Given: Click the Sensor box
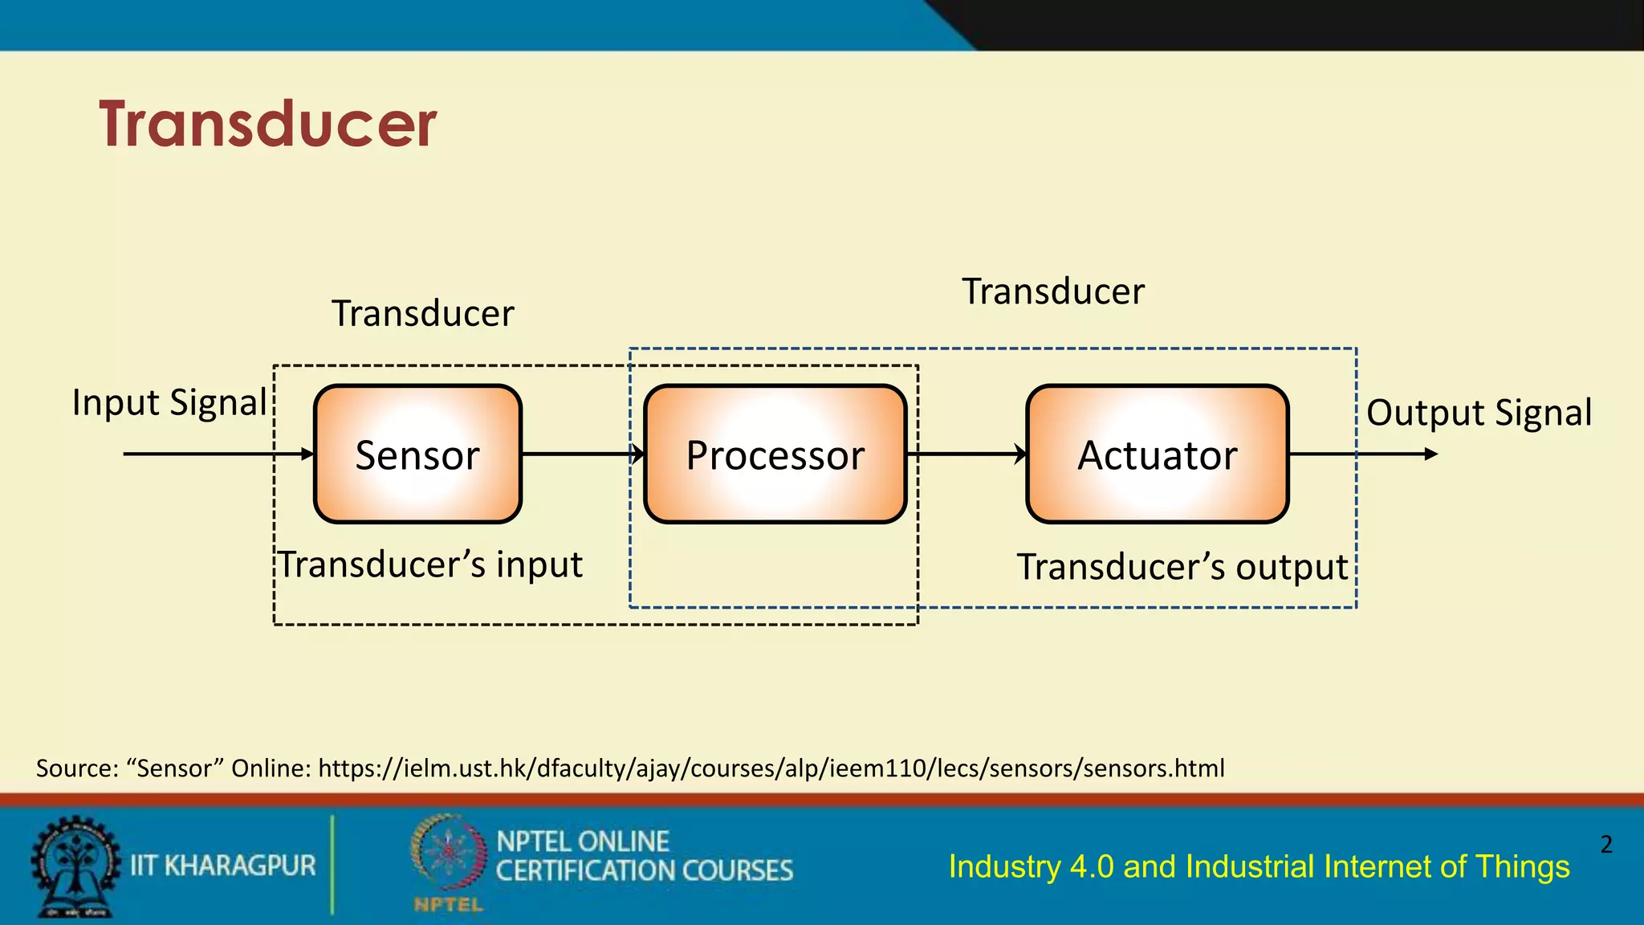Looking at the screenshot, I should click(x=417, y=454).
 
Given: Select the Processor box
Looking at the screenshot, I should click(x=775, y=454).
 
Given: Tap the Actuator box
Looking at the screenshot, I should click(x=1157, y=454).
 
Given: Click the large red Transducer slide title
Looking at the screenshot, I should click(x=267, y=124).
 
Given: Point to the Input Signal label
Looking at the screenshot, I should click(x=169, y=402).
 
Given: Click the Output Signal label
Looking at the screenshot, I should click(x=1479, y=413).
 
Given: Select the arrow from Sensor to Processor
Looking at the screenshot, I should click(x=582, y=454).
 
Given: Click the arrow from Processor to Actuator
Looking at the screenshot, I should click(x=966, y=454).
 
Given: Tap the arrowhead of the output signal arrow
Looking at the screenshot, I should click(x=1430, y=454).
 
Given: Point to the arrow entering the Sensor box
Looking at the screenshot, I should click(x=217, y=454).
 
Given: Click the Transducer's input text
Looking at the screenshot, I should click(x=430, y=564).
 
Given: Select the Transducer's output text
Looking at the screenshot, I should click(x=1182, y=567).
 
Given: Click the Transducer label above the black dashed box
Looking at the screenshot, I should click(x=423, y=313).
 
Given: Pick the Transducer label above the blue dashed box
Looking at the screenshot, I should click(x=1053, y=291).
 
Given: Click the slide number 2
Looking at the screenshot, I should click(x=1605, y=844).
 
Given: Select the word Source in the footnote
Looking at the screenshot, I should click(x=77, y=768).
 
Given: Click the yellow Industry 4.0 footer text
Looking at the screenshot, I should click(x=1259, y=867).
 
